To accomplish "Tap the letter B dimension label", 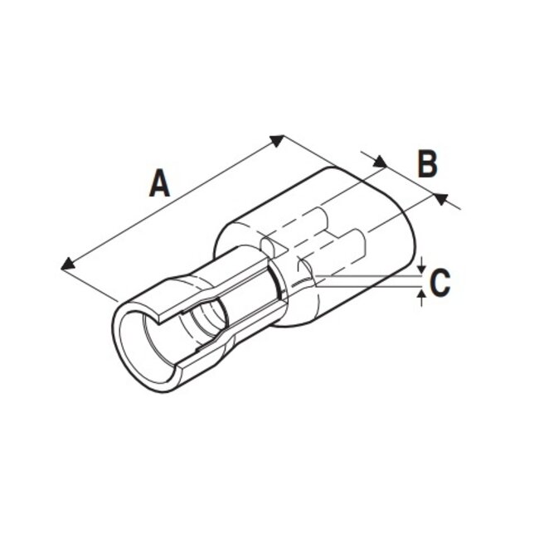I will [x=426, y=164].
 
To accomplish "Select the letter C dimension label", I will [x=440, y=282].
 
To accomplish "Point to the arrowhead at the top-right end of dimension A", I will [x=279, y=139].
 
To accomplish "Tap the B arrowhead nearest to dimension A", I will [x=381, y=163].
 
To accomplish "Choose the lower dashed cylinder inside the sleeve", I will [x=348, y=249].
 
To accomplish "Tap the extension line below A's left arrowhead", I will [x=90, y=283].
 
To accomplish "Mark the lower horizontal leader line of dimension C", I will [x=373, y=287].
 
